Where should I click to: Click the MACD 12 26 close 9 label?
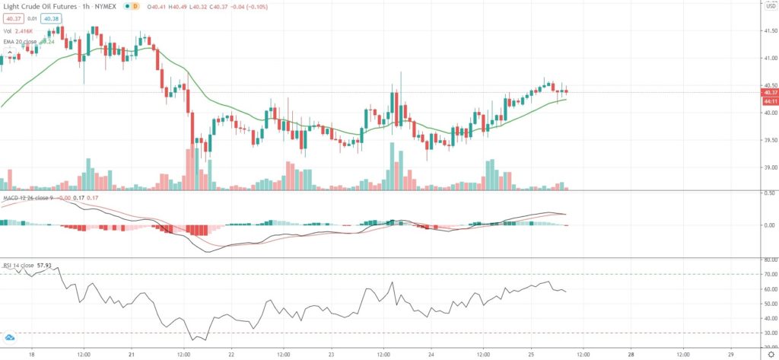point(27,199)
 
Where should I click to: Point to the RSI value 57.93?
point(52,266)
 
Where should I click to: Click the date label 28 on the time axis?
point(631,354)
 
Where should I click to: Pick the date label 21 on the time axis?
point(132,354)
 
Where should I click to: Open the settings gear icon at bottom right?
point(768,354)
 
